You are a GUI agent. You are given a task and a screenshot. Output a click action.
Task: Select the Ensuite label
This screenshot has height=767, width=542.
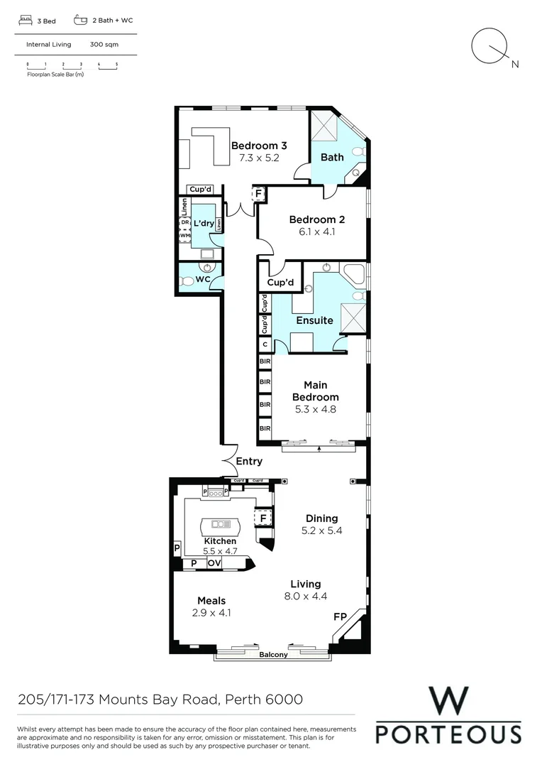tap(314, 320)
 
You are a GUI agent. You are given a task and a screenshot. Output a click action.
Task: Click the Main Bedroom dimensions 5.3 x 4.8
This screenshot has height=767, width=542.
tap(316, 409)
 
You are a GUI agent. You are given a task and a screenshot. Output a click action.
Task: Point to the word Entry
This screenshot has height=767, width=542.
tap(249, 461)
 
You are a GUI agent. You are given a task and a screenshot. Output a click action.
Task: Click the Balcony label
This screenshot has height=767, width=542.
tap(273, 655)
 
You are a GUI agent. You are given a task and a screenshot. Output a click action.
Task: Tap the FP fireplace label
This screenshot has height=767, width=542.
tap(340, 618)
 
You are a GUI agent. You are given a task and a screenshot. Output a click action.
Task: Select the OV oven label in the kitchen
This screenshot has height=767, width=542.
tap(214, 563)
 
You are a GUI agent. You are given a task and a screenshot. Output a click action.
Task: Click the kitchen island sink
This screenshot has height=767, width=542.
tap(221, 524)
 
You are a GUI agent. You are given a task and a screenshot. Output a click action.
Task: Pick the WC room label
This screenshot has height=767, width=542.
tap(203, 280)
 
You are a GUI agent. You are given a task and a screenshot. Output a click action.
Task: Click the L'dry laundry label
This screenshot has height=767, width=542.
tap(204, 224)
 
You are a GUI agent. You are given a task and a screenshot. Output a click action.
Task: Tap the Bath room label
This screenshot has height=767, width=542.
tap(332, 157)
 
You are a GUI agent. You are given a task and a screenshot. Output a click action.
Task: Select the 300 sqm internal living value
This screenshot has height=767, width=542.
tap(104, 44)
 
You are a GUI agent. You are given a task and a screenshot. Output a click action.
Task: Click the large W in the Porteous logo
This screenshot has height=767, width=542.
tap(448, 702)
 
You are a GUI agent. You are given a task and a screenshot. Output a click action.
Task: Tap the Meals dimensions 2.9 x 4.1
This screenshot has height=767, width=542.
tap(211, 612)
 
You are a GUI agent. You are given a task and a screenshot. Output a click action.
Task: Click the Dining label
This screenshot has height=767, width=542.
tap(321, 518)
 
